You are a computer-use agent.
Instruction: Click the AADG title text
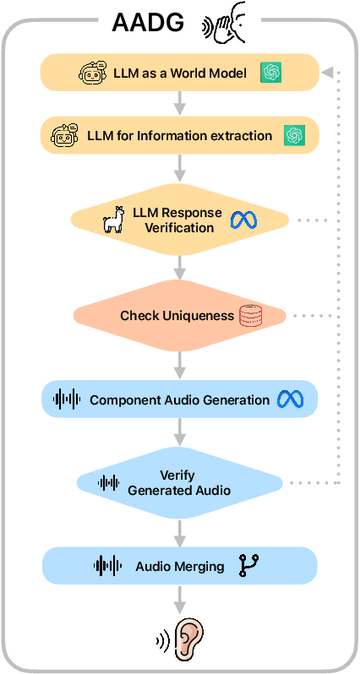(x=149, y=24)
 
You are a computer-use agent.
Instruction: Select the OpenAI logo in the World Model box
(x=271, y=73)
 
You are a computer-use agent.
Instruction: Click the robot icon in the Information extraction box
(x=65, y=134)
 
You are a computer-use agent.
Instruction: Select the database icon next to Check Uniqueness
(x=252, y=316)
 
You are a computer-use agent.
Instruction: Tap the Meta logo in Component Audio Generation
(x=285, y=400)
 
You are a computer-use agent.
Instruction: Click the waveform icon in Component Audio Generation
(x=67, y=400)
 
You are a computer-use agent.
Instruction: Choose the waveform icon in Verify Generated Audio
(x=109, y=483)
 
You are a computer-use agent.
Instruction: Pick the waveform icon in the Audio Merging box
(x=107, y=566)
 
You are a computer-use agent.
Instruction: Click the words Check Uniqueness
(x=177, y=316)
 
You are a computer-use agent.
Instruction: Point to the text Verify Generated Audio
(x=177, y=483)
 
